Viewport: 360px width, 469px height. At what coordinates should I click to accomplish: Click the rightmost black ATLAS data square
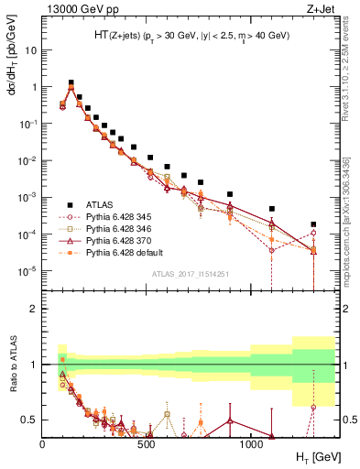click(313, 224)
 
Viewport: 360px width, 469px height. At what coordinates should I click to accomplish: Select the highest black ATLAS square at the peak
click(71, 82)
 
